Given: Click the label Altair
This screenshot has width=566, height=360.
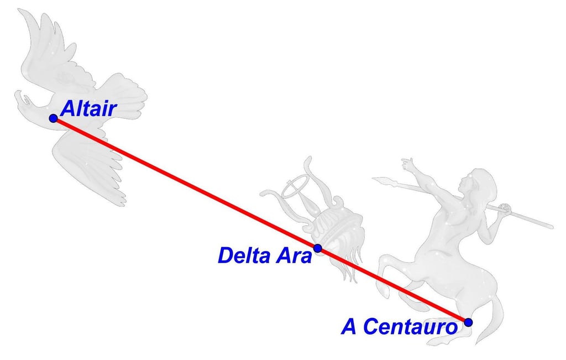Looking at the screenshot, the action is pyautogui.click(x=88, y=108).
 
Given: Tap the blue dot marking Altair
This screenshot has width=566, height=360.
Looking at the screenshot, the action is pyautogui.click(x=53, y=118).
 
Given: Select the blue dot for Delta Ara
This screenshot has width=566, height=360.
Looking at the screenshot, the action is pyautogui.click(x=318, y=248).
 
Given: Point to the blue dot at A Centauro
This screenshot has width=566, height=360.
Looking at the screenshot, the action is pyautogui.click(x=469, y=322).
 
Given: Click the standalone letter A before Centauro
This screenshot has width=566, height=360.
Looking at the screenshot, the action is pyautogui.click(x=350, y=326).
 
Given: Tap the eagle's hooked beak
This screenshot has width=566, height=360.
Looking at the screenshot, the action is pyautogui.click(x=23, y=100).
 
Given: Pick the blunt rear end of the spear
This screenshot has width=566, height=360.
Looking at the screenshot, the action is pyautogui.click(x=549, y=226).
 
